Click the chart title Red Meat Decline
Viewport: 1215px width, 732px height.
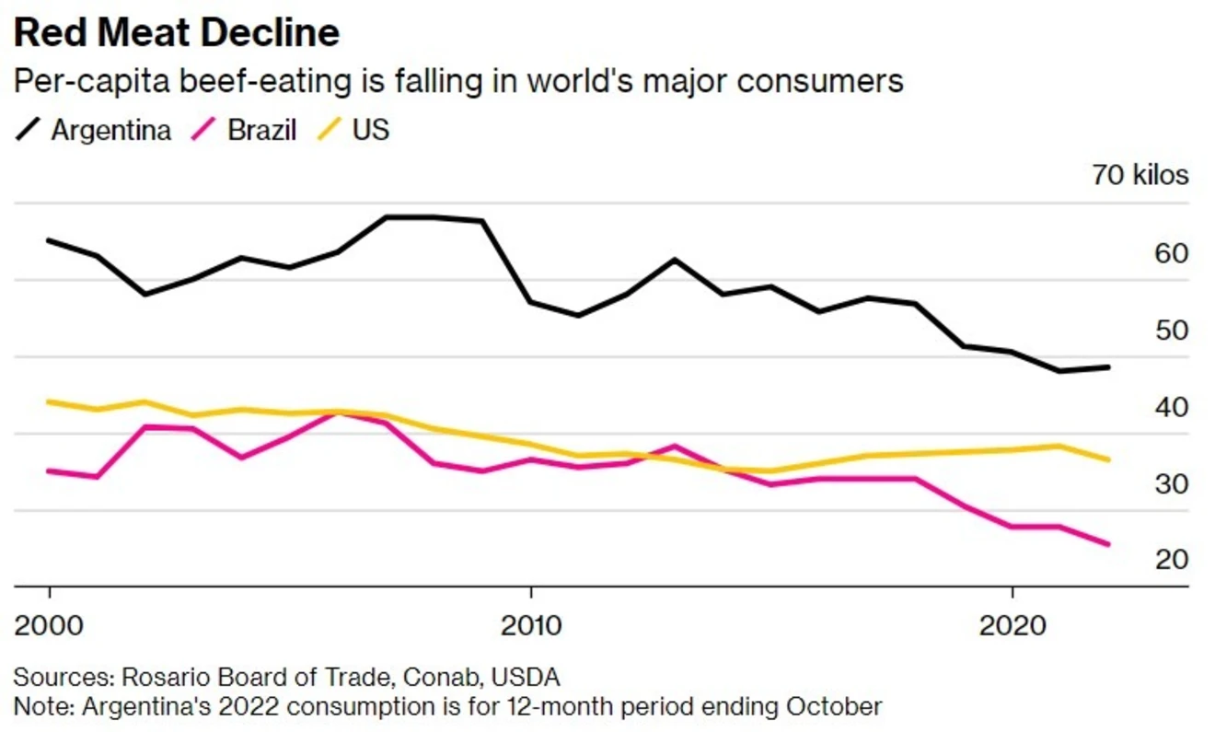[x=177, y=33]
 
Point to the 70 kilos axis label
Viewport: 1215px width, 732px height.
[x=1140, y=174]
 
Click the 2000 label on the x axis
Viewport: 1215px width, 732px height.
[x=49, y=625]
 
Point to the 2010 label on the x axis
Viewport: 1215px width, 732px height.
[x=530, y=625]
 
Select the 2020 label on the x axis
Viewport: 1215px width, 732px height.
[x=1012, y=625]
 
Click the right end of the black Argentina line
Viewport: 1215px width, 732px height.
[x=1108, y=366]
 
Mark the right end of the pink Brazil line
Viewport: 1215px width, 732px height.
[x=1108, y=544]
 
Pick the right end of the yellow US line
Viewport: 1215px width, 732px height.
[x=1108, y=459]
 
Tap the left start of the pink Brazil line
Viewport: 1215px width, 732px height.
[x=49, y=471]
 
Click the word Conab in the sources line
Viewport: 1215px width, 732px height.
[x=443, y=678]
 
